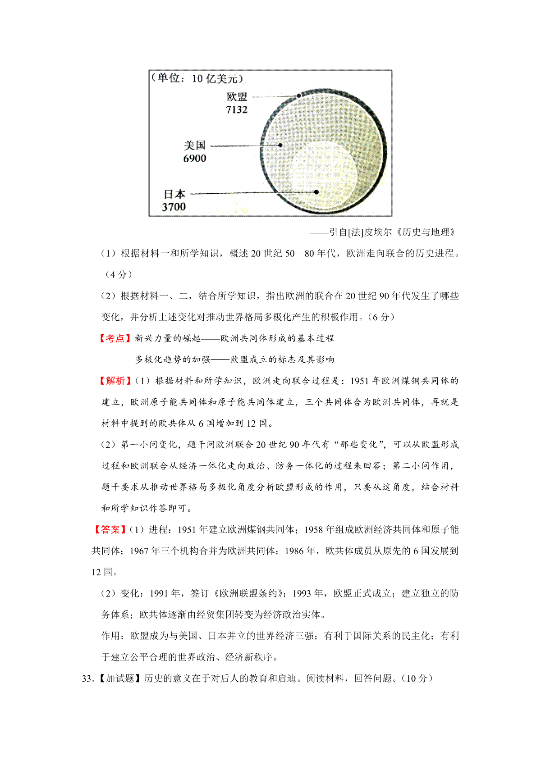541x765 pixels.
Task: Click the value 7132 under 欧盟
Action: pos(237,109)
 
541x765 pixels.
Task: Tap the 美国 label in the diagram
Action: pos(195,145)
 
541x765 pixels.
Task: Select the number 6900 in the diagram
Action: pos(195,158)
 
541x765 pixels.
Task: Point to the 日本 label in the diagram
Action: pos(174,194)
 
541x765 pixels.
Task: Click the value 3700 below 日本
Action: pos(174,207)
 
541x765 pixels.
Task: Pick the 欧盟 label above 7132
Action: pos(237,97)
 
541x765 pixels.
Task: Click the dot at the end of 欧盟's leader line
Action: pos(298,96)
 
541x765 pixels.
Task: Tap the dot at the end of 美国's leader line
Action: pos(280,145)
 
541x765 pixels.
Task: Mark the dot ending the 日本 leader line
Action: pos(316,192)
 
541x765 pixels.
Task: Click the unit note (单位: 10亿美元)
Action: pos(197,78)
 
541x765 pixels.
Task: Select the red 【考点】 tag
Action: pos(115,338)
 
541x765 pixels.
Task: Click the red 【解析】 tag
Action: pos(115,381)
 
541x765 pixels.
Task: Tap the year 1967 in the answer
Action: pos(139,551)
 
